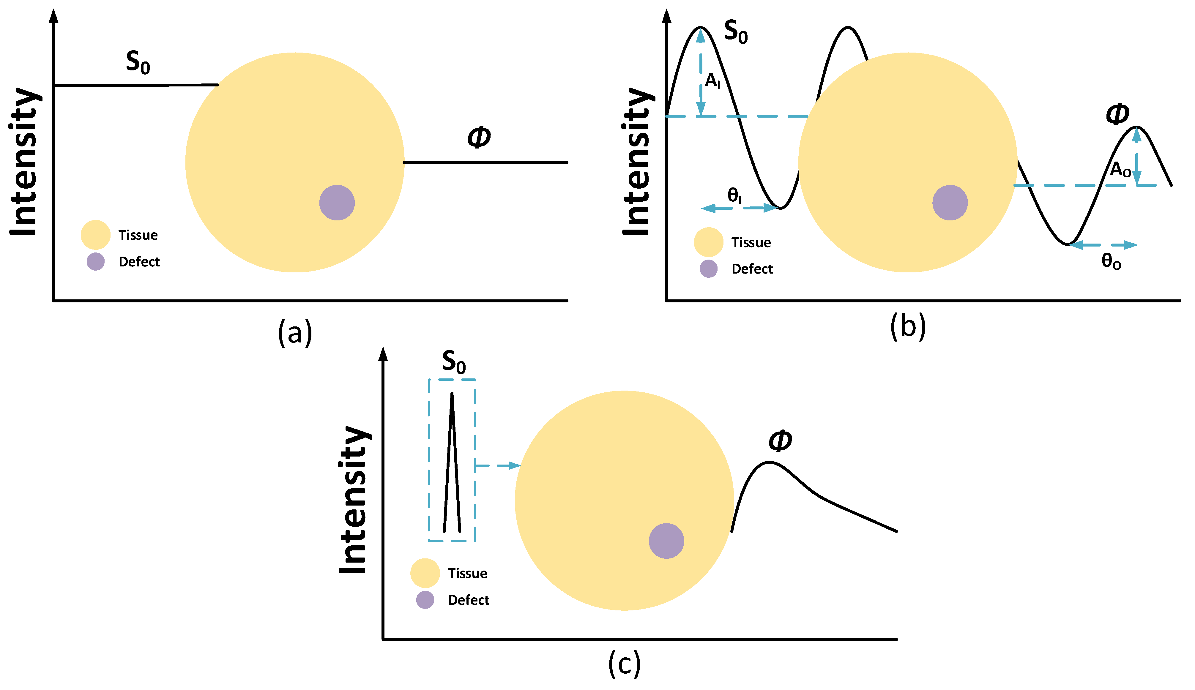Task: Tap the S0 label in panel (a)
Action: (x=138, y=63)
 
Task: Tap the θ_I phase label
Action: (x=734, y=195)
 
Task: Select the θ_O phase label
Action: (x=1111, y=261)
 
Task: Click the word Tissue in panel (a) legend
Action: (x=138, y=235)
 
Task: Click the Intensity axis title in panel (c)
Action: (x=354, y=500)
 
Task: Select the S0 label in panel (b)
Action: (x=735, y=32)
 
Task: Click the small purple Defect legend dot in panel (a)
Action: (x=95, y=262)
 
